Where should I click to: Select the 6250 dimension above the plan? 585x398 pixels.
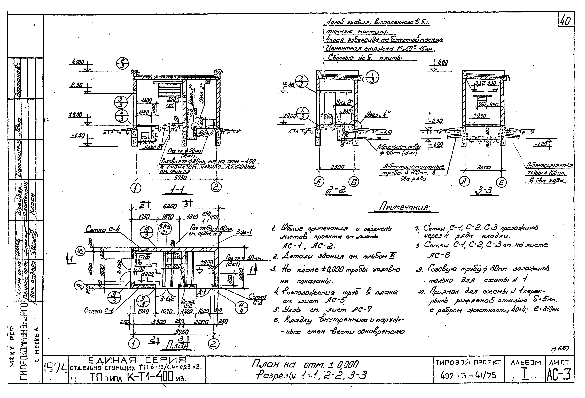(170, 206)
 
